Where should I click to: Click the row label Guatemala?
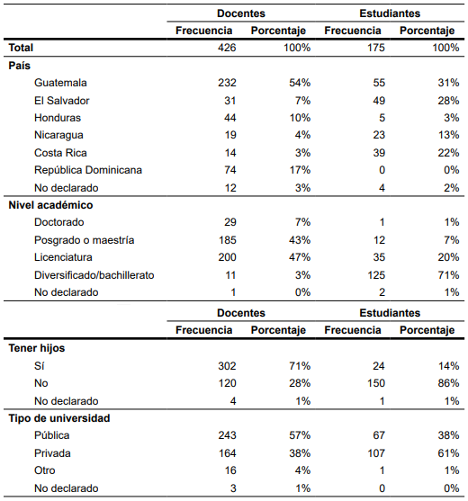pos(60,83)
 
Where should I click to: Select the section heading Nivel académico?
pos(50,205)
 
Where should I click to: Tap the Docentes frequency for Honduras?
pos(230,118)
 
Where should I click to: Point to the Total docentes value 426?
pos(227,48)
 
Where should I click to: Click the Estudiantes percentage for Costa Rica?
pos(448,153)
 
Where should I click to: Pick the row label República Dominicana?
pos(88,170)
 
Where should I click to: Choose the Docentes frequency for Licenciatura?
pos(228,257)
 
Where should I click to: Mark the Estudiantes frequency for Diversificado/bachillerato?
pos(376,275)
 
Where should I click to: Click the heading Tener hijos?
pos(37,348)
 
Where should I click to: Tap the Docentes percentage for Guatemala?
pos(300,83)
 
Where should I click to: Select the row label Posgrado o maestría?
pos(84,240)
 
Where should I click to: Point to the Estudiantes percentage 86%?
pos(448,383)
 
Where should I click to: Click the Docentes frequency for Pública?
pos(228,435)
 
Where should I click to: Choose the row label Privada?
pos(52,453)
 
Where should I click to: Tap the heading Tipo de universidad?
pos(59,418)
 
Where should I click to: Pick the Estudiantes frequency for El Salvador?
pos(379,101)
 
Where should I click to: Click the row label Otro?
pos(45,470)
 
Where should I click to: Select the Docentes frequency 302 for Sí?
pos(228,366)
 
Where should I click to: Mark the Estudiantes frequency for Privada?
pos(376,453)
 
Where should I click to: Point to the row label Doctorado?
pos(59,222)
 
